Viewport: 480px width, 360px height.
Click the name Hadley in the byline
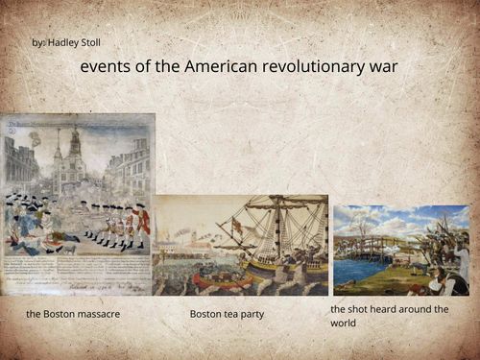(x=67, y=43)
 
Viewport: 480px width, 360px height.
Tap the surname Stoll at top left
(x=91, y=43)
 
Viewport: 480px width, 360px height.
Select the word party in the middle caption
(x=252, y=314)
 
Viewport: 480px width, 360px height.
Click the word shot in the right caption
(x=360, y=309)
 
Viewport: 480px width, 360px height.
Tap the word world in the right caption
(x=344, y=324)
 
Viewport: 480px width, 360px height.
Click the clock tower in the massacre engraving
(x=73, y=154)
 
